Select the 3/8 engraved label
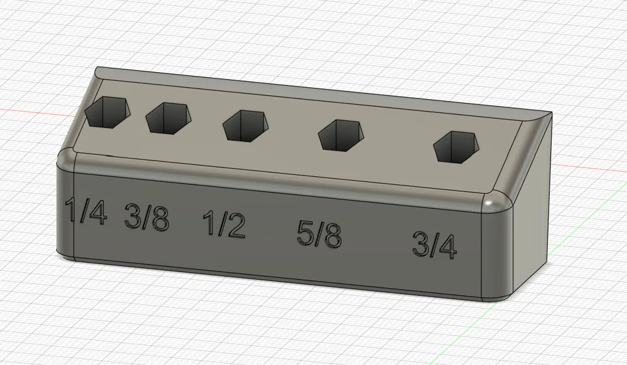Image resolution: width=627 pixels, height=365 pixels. pyautogui.click(x=147, y=217)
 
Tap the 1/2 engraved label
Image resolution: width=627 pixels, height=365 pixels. pyautogui.click(x=224, y=225)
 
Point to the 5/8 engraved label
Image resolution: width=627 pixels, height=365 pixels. pyautogui.click(x=320, y=235)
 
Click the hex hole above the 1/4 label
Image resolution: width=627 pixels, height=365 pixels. pyautogui.click(x=108, y=112)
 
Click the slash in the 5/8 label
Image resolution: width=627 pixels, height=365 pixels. pyautogui.click(x=320, y=235)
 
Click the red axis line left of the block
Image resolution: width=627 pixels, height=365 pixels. pyautogui.click(x=31, y=112)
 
